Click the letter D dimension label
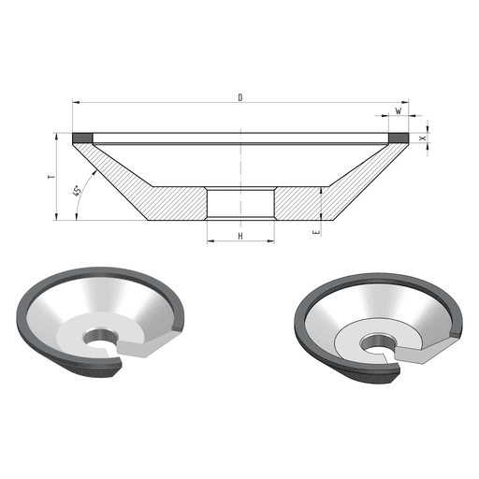240,97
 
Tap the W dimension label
399,110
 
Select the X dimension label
423,138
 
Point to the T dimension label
51,177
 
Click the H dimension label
240,236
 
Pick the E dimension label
317,232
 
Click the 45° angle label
77,191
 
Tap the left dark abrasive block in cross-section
82,138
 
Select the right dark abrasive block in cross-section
399,138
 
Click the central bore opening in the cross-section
240,203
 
